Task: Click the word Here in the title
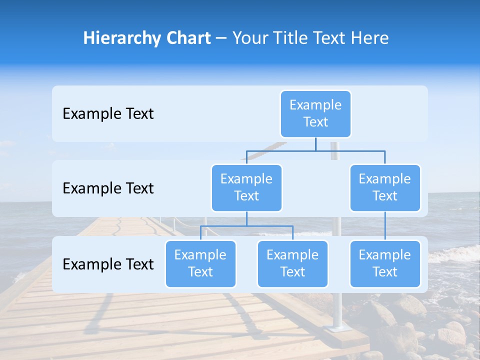tap(369, 38)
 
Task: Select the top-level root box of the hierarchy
tap(315, 113)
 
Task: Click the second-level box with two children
tap(246, 187)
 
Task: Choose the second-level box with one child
tap(385, 187)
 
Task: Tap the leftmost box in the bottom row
tap(200, 263)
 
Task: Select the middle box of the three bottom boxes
tap(292, 263)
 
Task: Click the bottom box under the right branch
tap(385, 263)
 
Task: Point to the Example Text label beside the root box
tap(108, 113)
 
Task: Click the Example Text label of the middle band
tap(108, 188)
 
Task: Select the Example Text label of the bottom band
tap(108, 264)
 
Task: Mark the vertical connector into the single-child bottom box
tap(385, 226)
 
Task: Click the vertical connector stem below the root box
tap(315, 144)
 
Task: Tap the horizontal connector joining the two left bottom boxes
tap(246, 226)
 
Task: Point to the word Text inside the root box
tap(315, 122)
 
